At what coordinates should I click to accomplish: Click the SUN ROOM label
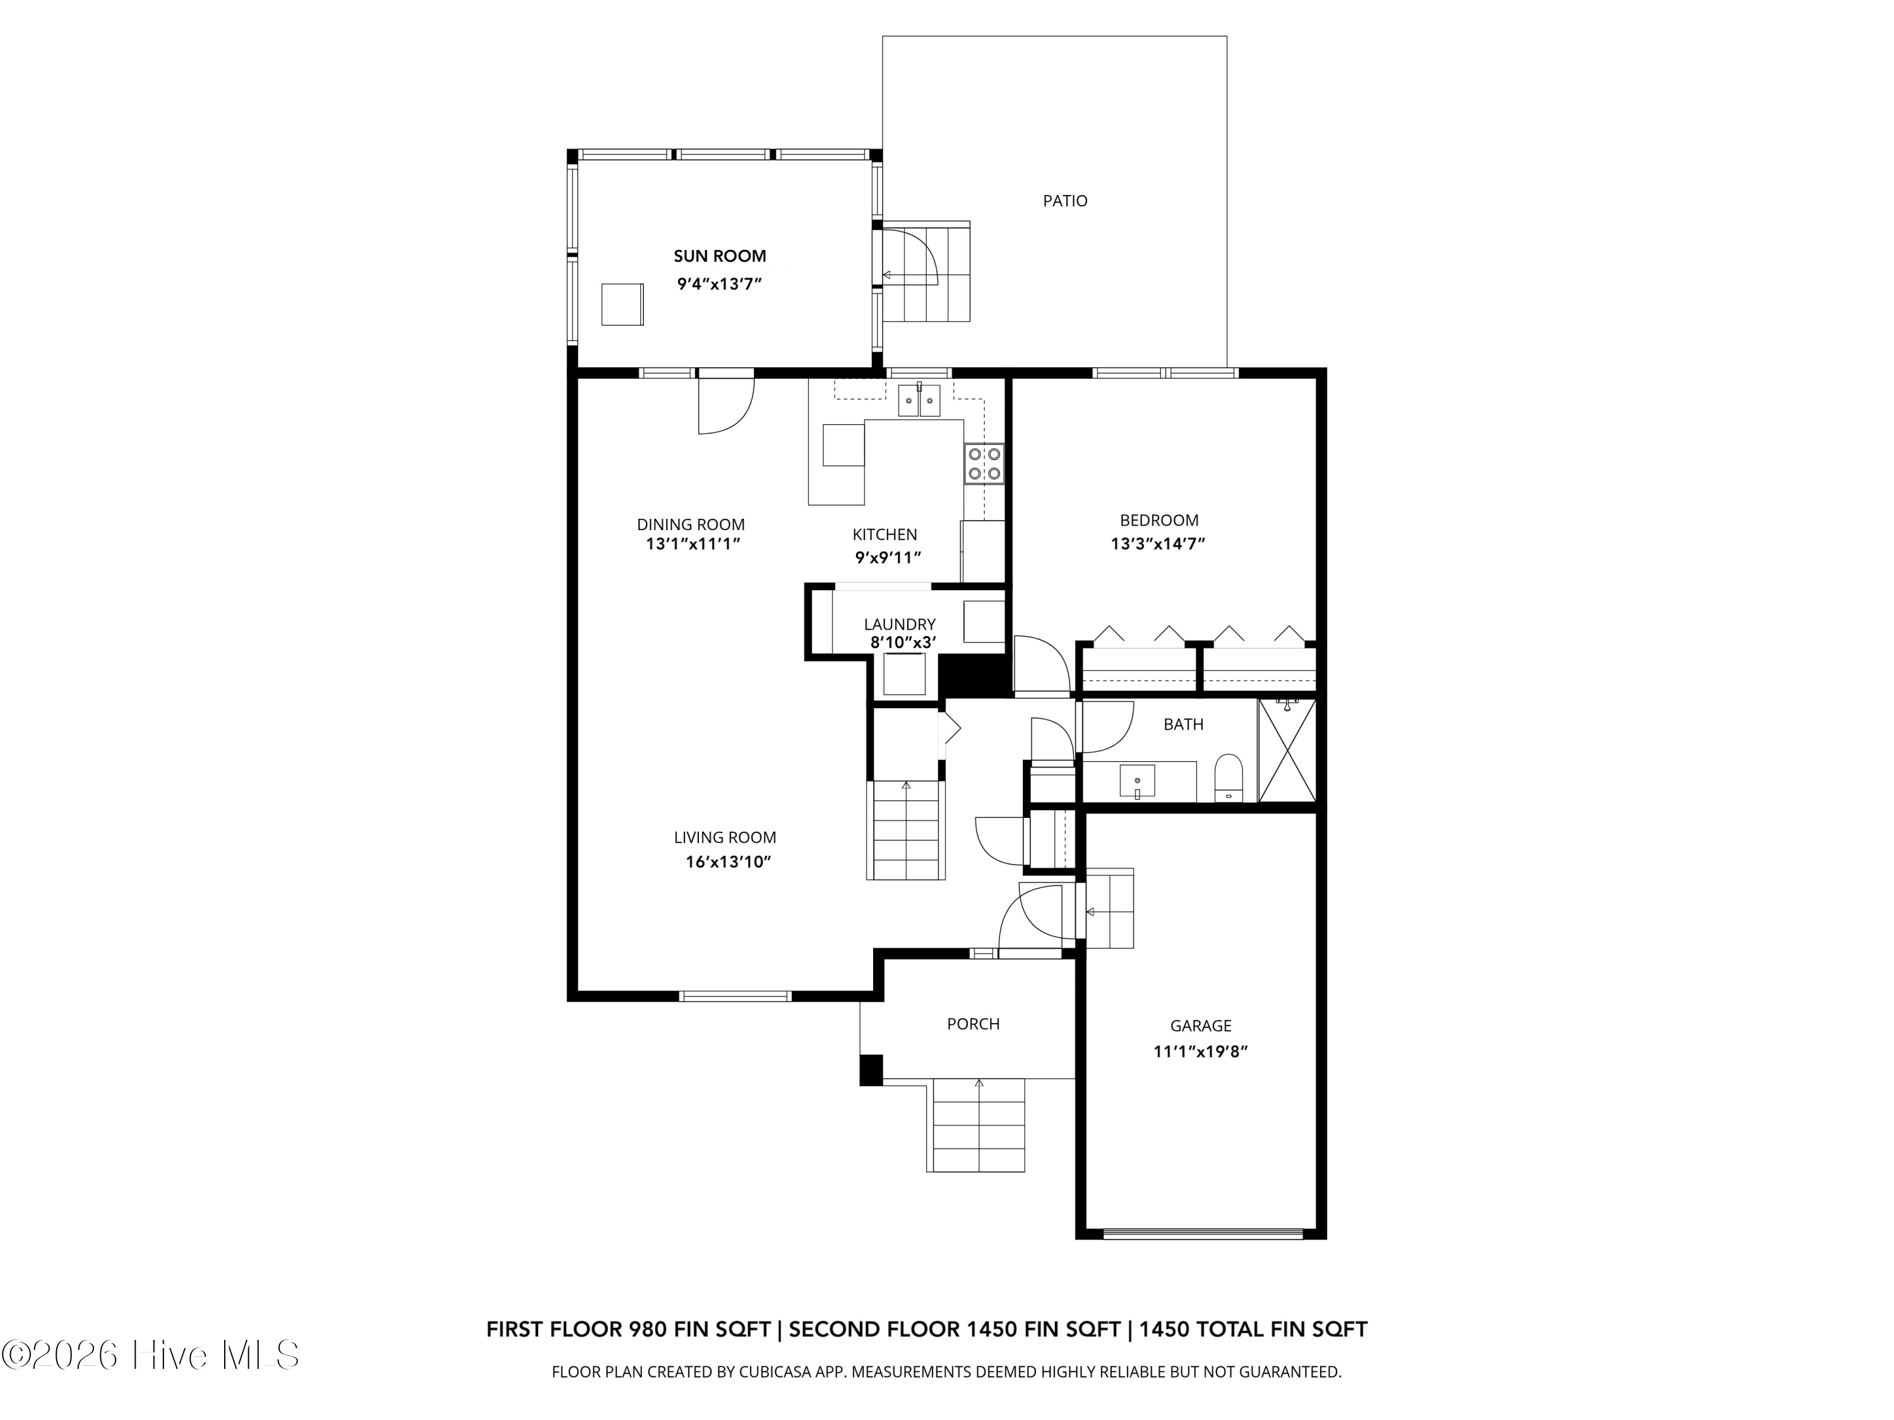tap(719, 256)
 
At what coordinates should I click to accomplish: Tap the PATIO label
tap(1064, 201)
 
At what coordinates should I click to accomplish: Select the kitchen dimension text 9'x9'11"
tap(888, 558)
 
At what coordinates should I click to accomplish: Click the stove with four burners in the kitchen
tap(984, 464)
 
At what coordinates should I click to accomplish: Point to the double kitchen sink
tap(919, 401)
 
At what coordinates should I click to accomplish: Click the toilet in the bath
tap(1229, 776)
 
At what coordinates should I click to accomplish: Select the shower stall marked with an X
tap(1286, 750)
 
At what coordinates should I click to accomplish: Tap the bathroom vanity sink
tap(1137, 781)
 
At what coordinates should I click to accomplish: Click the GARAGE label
tap(1200, 1026)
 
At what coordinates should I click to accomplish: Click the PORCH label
tap(973, 1024)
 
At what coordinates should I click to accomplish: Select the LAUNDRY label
tap(899, 624)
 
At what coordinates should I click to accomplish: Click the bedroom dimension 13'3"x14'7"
tap(1158, 543)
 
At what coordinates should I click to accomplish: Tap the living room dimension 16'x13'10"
tap(728, 862)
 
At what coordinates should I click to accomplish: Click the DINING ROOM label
tap(690, 524)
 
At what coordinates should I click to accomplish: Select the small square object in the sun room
tap(622, 305)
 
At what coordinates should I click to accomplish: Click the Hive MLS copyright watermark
tap(150, 1355)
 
